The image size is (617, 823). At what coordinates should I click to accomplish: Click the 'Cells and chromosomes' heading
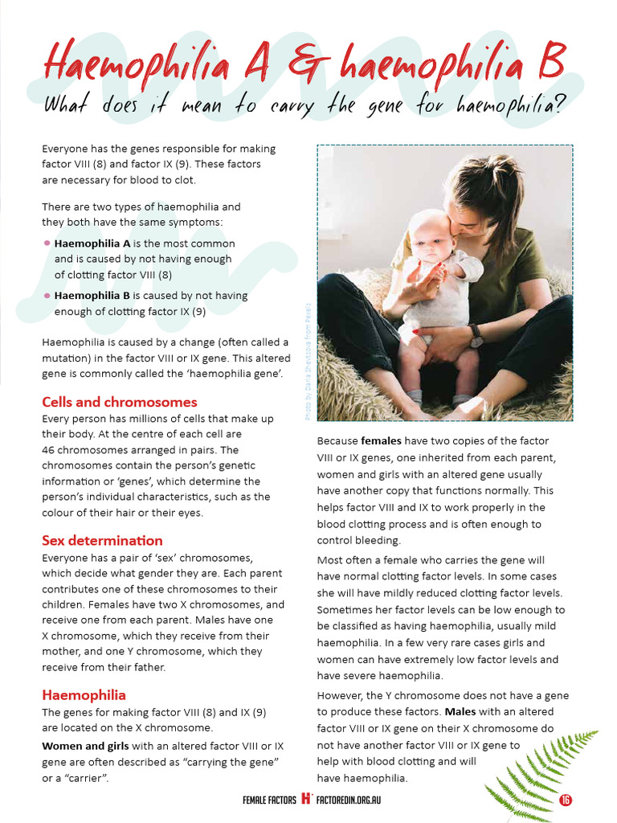click(119, 402)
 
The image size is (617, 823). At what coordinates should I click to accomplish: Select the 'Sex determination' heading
click(102, 540)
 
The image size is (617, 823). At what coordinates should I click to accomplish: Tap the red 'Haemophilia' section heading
click(84, 694)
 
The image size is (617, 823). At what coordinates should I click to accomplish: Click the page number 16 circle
click(566, 800)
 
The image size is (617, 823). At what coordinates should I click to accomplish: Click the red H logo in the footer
click(306, 800)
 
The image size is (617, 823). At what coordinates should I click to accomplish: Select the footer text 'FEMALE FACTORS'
click(269, 800)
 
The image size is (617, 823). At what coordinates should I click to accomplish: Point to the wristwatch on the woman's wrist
click(476, 335)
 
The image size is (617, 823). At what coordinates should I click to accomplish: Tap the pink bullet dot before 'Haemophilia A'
click(47, 244)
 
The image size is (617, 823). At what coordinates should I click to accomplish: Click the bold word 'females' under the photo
click(382, 441)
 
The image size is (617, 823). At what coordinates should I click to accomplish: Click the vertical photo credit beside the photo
click(307, 362)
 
